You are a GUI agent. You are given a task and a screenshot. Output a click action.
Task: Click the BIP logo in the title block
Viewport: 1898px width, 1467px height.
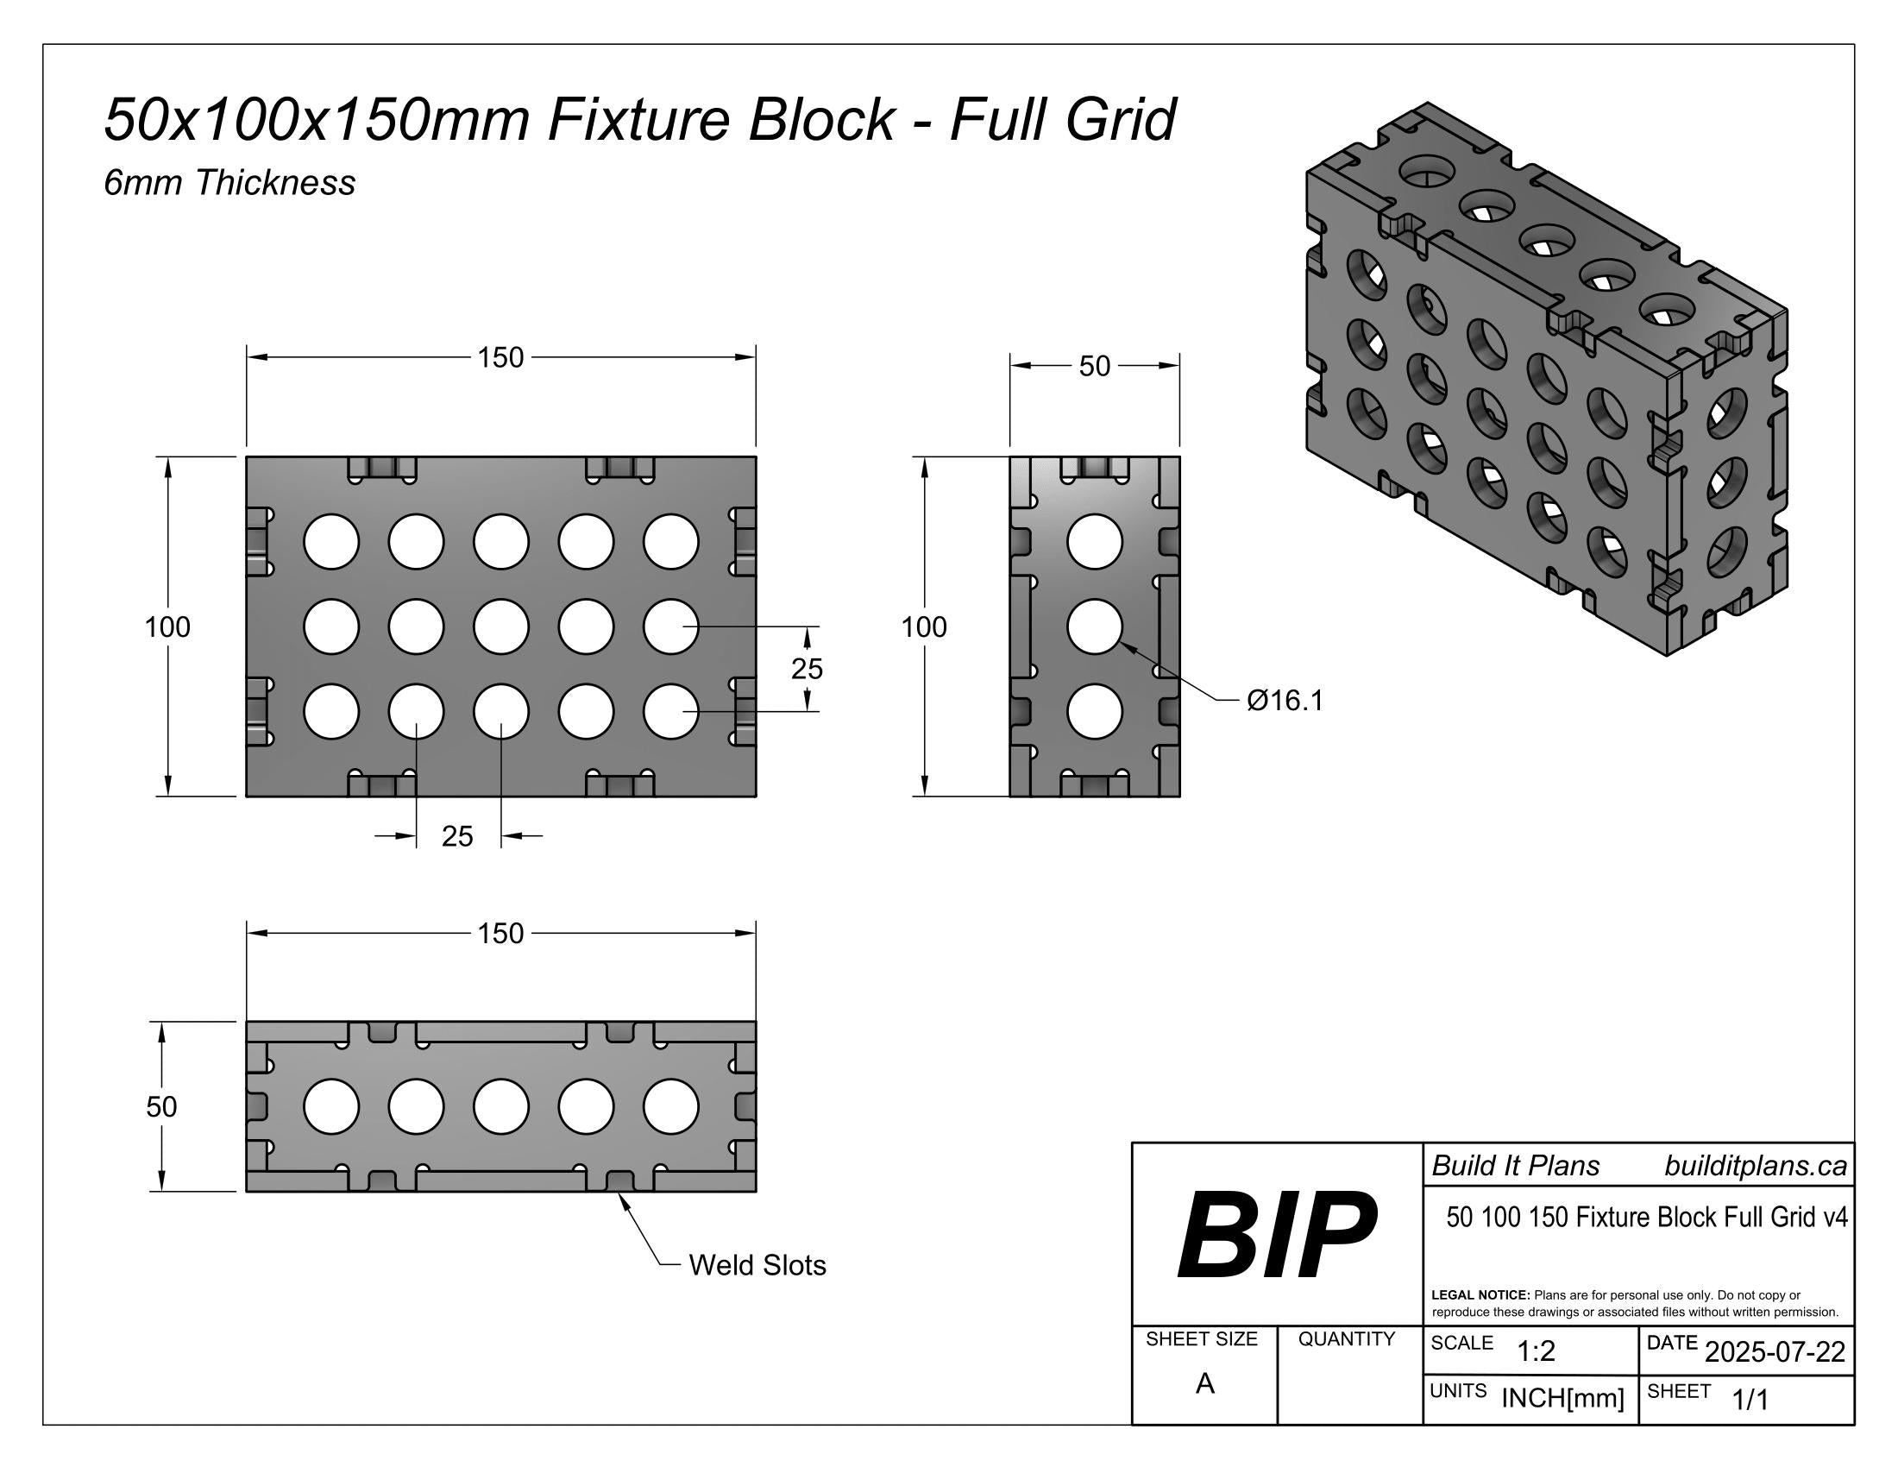(1276, 1235)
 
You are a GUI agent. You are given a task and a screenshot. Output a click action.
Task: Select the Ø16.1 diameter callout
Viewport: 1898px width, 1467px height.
(1285, 701)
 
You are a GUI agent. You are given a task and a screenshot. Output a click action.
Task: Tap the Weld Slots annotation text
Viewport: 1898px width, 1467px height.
(757, 1265)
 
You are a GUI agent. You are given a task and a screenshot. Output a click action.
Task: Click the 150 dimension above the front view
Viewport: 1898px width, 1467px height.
(500, 357)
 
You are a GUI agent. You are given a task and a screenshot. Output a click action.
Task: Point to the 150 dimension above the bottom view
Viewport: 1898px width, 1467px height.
(500, 934)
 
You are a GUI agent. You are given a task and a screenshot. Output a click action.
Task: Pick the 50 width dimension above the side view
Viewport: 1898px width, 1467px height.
(1094, 366)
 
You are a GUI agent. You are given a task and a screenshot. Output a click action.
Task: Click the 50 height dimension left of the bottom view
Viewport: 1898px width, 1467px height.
(161, 1106)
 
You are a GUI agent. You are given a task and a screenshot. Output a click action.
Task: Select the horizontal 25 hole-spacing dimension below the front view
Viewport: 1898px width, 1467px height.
(457, 836)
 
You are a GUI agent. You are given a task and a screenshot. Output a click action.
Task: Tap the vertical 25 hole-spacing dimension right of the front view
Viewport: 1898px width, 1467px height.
(807, 668)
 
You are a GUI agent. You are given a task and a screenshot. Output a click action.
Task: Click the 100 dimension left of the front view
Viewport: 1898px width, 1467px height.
(167, 626)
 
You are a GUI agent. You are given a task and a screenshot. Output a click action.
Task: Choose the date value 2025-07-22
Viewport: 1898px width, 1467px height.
(1775, 1351)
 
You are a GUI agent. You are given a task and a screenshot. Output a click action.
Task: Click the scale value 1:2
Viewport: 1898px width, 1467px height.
(1536, 1351)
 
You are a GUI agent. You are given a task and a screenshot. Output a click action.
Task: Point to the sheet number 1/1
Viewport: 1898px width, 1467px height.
(1750, 1400)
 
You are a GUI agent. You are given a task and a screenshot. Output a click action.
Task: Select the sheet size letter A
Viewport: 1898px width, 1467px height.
(1204, 1383)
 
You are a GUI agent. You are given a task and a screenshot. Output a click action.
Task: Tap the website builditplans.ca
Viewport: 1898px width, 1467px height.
(1756, 1167)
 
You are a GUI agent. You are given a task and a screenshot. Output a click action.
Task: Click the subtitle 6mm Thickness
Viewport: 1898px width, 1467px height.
(229, 182)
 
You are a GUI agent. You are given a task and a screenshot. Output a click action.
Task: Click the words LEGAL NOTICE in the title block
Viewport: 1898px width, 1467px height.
(1480, 1295)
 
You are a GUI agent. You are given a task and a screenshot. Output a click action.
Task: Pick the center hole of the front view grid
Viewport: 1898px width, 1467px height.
(500, 626)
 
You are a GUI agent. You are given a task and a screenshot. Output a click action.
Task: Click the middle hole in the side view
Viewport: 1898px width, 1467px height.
(1094, 626)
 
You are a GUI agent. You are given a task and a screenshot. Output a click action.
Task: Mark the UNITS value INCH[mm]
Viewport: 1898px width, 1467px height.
(1562, 1398)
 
